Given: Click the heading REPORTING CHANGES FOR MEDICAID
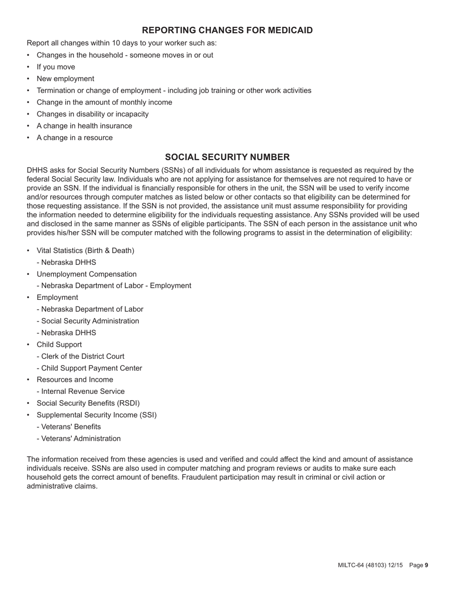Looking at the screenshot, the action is click(x=227, y=31).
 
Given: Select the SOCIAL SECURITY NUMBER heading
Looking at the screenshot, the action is click(x=227, y=157).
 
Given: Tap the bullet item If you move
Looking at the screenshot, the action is click(x=56, y=67).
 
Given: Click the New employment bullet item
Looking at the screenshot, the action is click(x=65, y=79).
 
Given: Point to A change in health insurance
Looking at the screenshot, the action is click(x=84, y=126).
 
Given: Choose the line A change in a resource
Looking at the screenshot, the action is click(x=75, y=138).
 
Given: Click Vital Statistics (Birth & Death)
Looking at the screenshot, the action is click(x=85, y=251).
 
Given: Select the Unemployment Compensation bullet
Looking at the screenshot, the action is click(x=86, y=274).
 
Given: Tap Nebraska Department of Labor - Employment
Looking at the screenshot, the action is click(x=114, y=286).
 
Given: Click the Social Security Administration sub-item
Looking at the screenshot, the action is click(x=88, y=321).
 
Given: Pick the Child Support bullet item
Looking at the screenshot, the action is click(x=59, y=345).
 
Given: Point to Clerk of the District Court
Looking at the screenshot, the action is click(x=80, y=356).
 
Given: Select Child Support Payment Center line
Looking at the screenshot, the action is click(x=90, y=368).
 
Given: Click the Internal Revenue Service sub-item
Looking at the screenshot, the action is click(x=81, y=391).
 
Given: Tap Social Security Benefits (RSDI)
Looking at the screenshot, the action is click(x=88, y=403).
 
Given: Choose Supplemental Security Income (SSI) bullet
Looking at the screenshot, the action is click(x=96, y=415).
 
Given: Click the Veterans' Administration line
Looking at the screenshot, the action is click(x=79, y=438).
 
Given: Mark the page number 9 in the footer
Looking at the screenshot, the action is click(x=426, y=566).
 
